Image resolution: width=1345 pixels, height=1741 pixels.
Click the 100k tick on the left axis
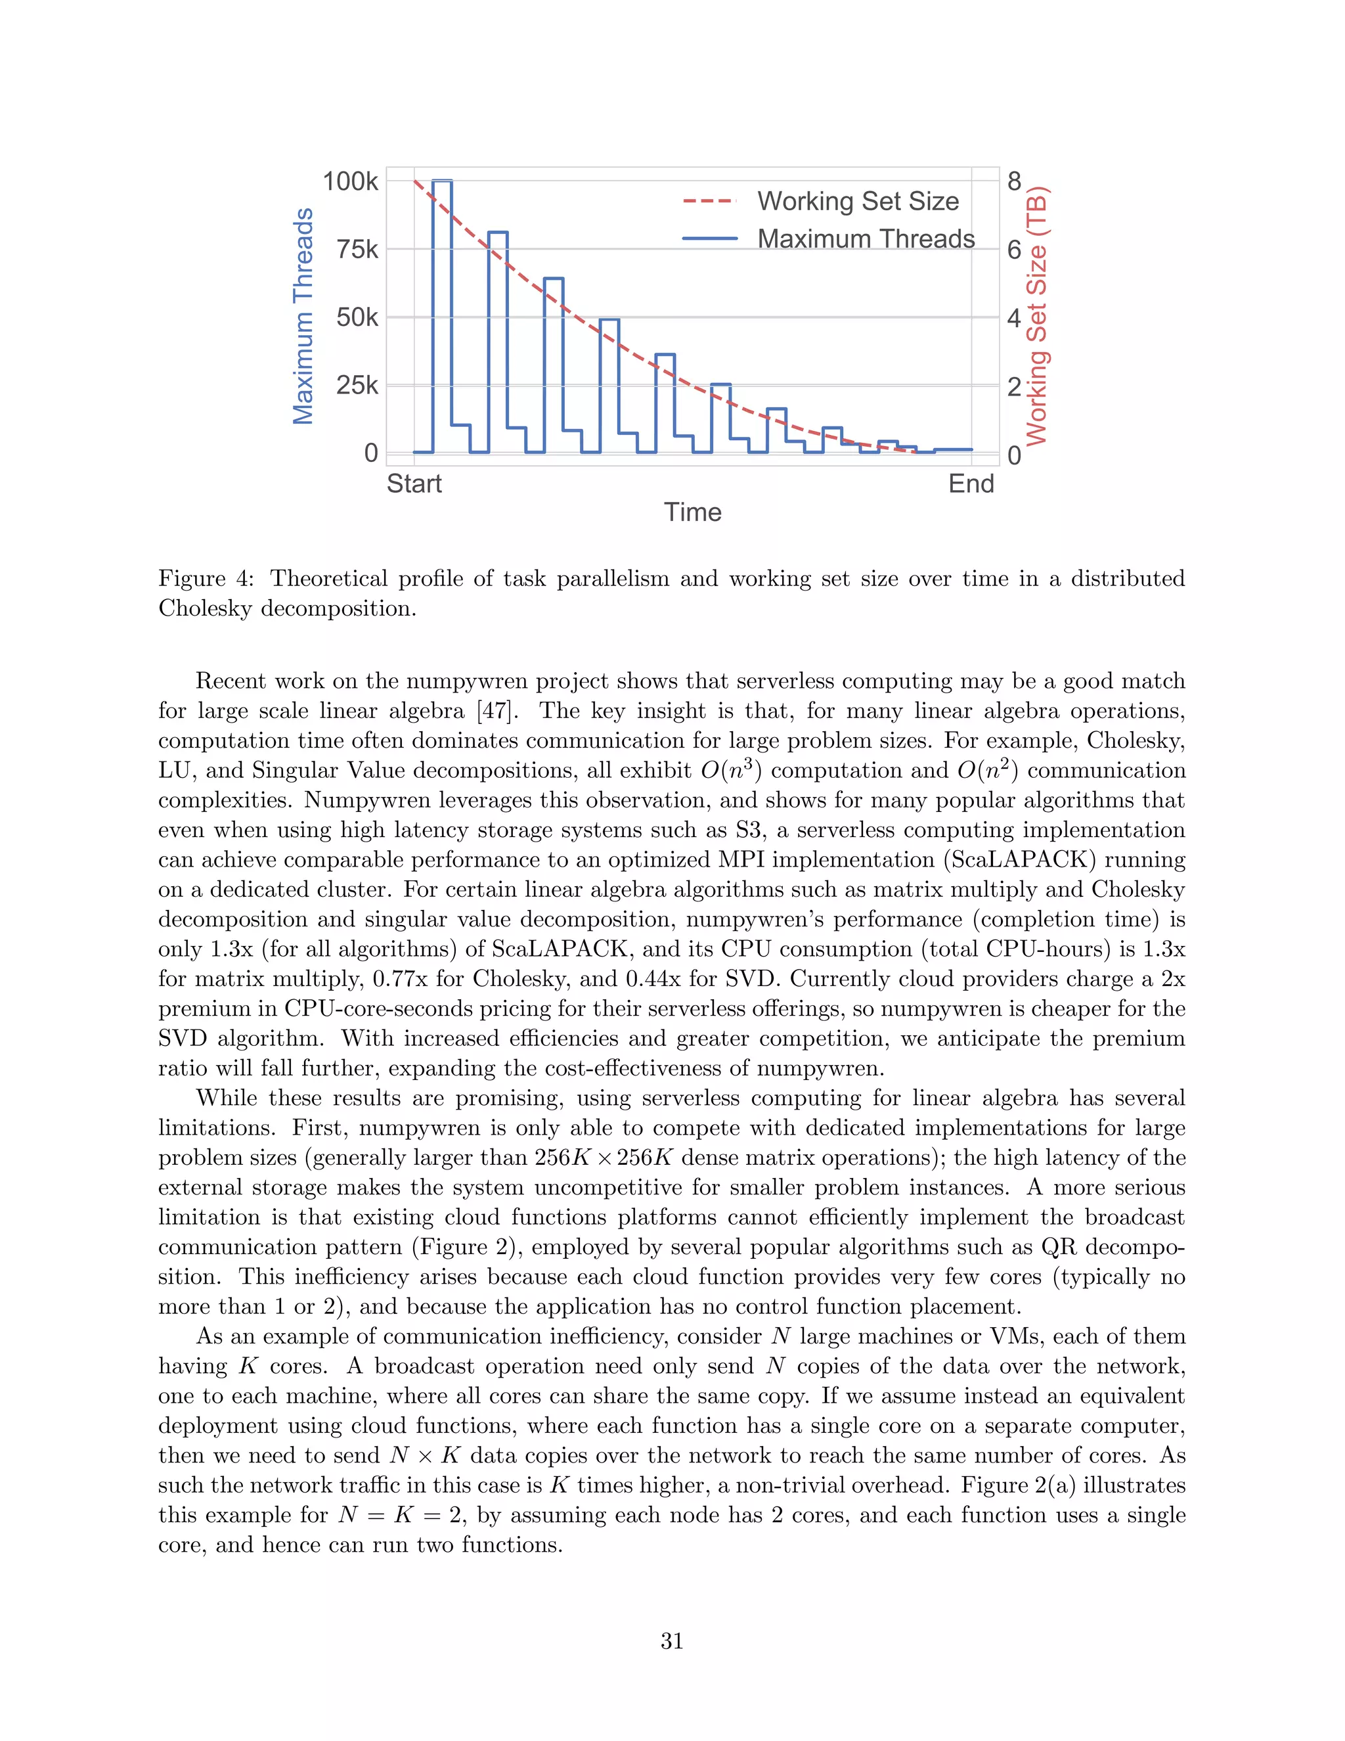350,182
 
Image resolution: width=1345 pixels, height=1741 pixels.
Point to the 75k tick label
357,250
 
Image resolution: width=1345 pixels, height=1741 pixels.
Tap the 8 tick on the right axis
1013,182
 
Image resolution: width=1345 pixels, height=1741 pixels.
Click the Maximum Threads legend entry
866,238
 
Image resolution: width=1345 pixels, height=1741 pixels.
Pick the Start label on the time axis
414,484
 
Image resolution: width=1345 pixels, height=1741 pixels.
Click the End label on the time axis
971,484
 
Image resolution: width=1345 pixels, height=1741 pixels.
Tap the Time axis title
692,512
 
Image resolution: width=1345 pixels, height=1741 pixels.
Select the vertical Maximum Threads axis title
303,317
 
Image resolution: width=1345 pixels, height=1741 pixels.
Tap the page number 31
672,1640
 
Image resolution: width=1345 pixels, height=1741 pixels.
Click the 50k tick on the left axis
357,317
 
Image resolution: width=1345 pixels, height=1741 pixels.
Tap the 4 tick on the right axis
1013,317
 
